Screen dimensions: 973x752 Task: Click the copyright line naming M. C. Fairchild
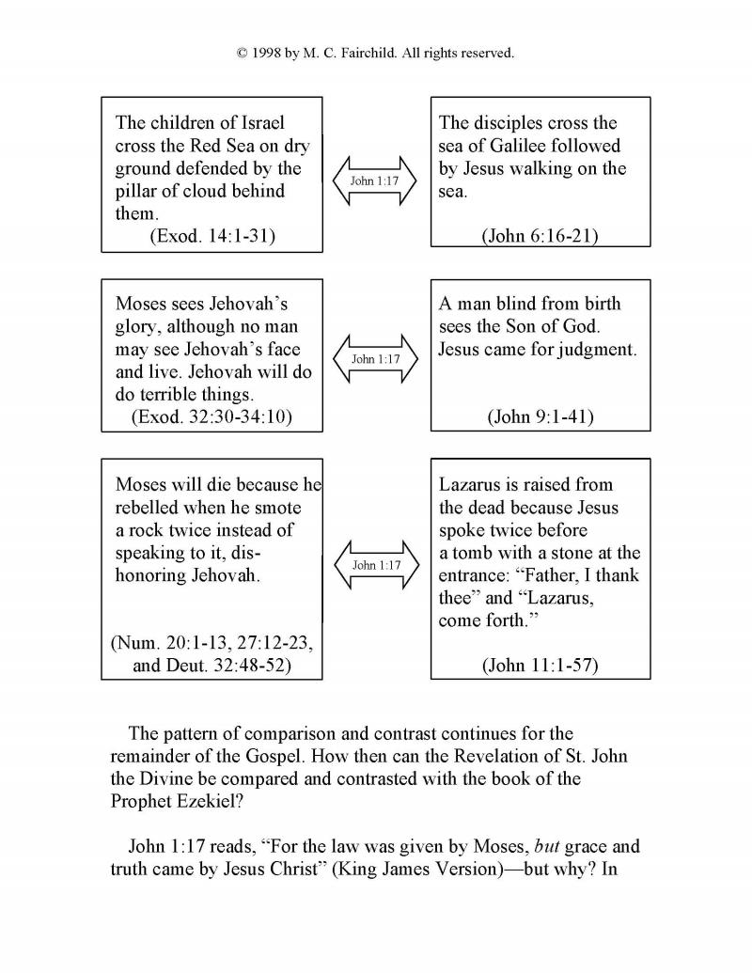(x=375, y=54)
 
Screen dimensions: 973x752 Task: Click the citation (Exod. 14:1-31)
(x=212, y=237)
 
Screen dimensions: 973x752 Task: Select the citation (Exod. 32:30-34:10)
(x=211, y=416)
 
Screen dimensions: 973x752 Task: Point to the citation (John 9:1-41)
(x=540, y=416)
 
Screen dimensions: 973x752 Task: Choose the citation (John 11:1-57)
(x=540, y=666)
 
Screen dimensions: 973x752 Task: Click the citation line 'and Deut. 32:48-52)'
(x=212, y=666)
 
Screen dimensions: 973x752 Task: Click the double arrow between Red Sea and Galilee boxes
(x=375, y=180)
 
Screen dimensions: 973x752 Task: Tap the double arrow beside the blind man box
(x=375, y=359)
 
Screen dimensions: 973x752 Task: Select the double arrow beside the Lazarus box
(x=375, y=565)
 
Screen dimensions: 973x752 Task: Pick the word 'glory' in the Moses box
(x=137, y=327)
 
